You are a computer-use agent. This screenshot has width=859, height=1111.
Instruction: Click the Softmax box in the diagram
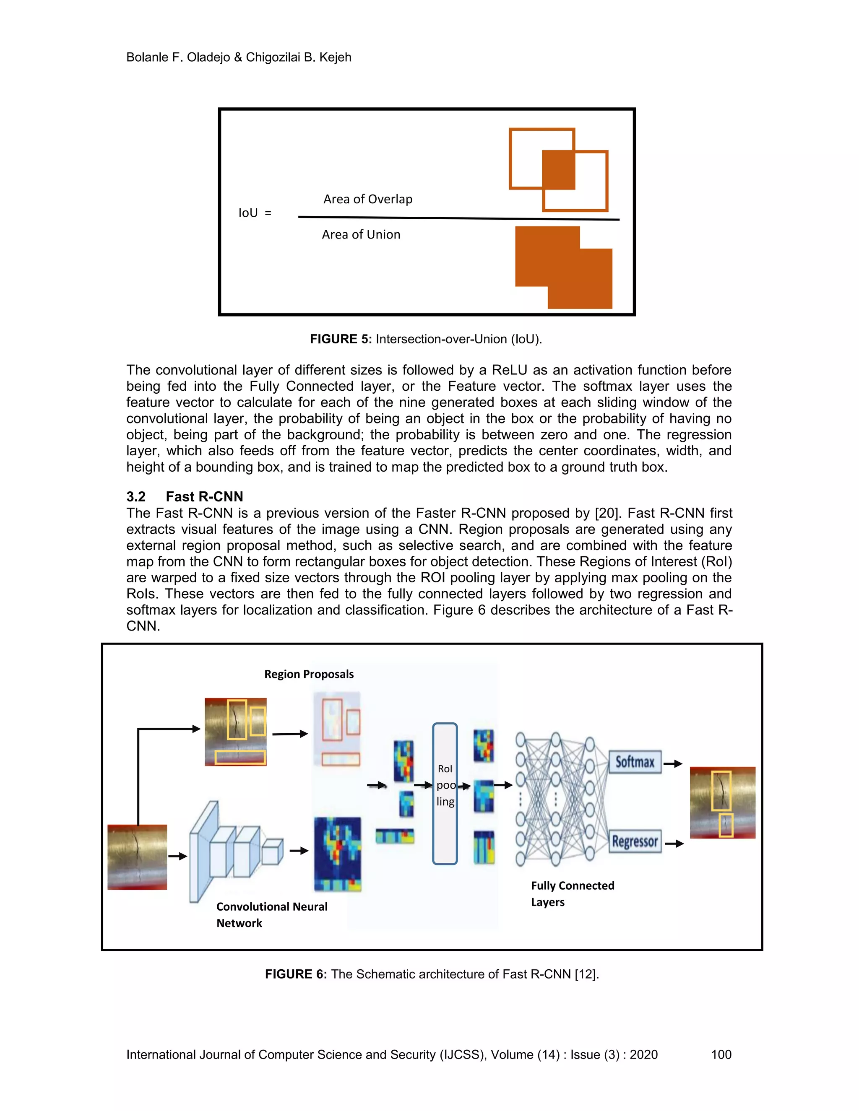[635, 762]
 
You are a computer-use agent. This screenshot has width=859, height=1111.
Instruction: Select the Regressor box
[635, 841]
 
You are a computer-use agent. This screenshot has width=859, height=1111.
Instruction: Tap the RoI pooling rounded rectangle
[445, 794]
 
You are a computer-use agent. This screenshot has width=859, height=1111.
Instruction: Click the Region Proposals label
[308, 674]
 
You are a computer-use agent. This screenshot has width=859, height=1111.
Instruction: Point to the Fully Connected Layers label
[572, 893]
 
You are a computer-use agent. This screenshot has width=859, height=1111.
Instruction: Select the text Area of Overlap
[367, 199]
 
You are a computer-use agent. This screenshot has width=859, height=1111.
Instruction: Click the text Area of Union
[361, 234]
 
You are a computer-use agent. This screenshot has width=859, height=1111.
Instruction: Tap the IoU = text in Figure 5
[255, 213]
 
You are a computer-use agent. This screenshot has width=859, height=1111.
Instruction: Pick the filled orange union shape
[563, 267]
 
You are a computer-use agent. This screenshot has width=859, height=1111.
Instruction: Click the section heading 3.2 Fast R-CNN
[185, 496]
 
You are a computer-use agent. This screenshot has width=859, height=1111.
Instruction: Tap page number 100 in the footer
[721, 1054]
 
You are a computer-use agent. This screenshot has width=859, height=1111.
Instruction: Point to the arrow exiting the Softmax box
[673, 763]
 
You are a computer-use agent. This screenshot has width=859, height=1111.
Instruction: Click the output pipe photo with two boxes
[722, 802]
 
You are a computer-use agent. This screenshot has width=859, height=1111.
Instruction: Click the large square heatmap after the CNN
[337, 854]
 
